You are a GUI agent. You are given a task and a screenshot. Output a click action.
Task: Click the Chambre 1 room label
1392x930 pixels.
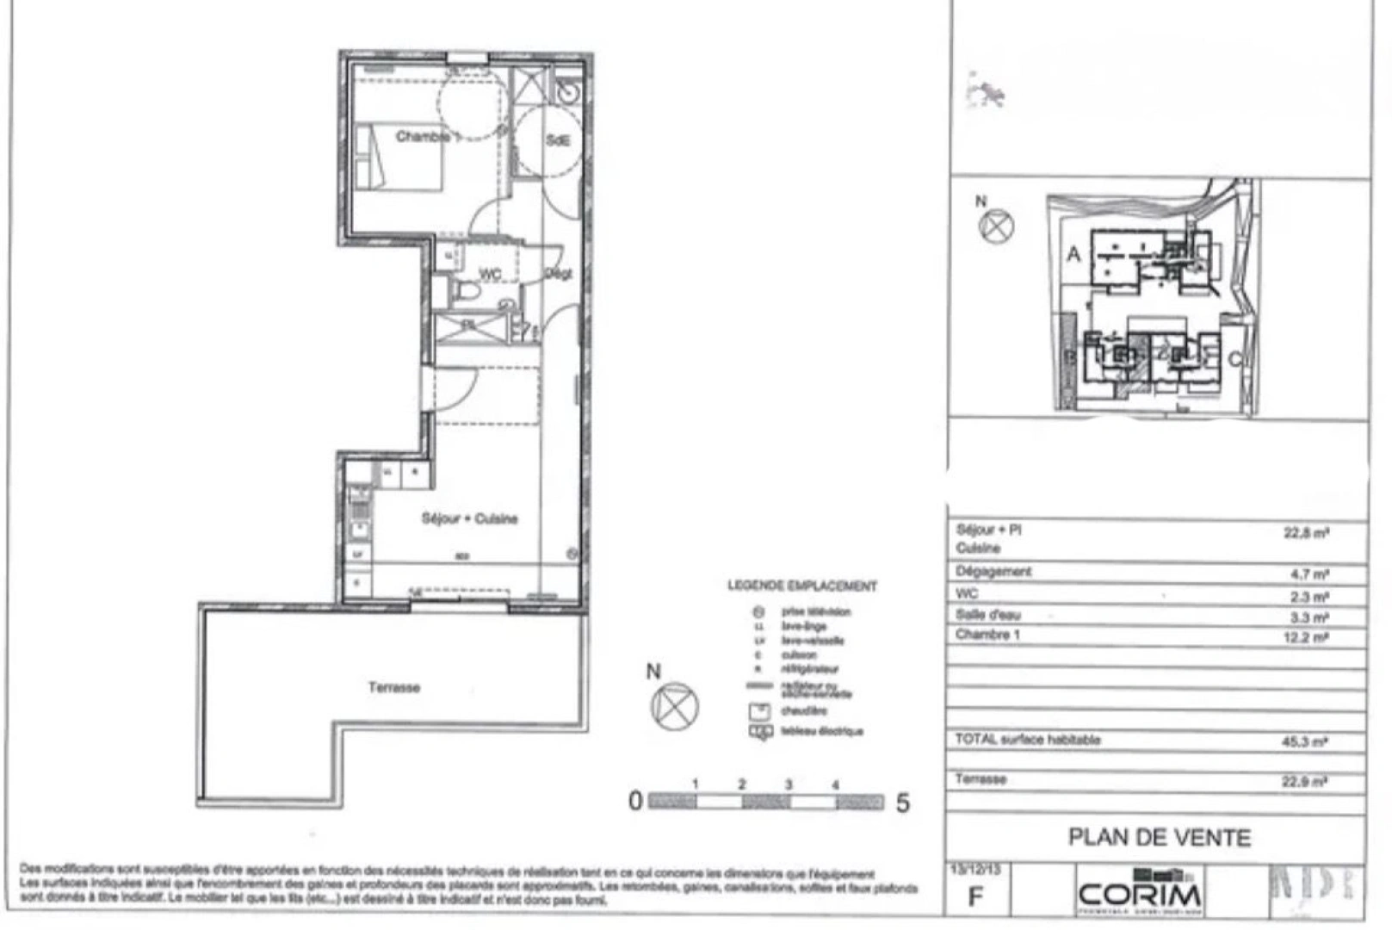tap(423, 137)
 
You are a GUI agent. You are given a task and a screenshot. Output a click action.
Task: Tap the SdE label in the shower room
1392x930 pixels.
tap(558, 139)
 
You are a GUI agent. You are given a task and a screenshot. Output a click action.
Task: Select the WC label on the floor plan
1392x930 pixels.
tap(490, 274)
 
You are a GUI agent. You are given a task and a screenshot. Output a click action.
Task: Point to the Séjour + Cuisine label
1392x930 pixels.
tap(469, 518)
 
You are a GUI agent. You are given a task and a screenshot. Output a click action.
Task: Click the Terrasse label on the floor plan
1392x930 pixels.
tap(394, 687)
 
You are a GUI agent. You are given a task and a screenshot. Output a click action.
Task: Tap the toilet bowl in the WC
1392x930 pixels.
tap(467, 292)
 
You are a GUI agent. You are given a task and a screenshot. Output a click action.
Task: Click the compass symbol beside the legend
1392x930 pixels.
tap(675, 706)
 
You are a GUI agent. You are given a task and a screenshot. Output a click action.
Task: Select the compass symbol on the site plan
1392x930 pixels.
tap(997, 226)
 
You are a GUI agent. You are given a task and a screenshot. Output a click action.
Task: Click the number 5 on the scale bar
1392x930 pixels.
tap(903, 803)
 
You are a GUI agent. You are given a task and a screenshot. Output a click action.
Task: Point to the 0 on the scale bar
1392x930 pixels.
tap(635, 802)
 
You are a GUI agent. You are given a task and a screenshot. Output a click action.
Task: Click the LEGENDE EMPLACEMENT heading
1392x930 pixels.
tap(801, 586)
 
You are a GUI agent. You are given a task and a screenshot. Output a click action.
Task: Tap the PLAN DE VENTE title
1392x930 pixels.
tap(1159, 837)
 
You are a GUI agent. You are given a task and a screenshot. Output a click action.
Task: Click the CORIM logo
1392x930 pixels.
tap(1140, 894)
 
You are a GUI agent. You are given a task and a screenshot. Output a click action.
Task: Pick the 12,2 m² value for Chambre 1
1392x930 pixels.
tap(1306, 637)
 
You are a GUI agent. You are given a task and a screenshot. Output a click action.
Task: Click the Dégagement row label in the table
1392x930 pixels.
tap(993, 572)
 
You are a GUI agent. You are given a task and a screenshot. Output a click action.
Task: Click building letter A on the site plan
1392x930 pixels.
tap(1073, 254)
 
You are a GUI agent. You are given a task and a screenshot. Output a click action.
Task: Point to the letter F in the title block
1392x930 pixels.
tap(975, 896)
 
